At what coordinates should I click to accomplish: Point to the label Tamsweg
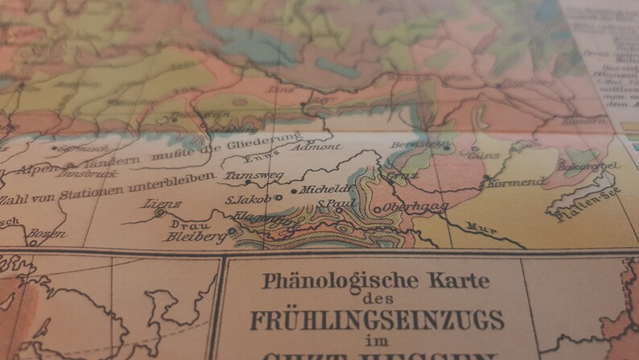(245, 175)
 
